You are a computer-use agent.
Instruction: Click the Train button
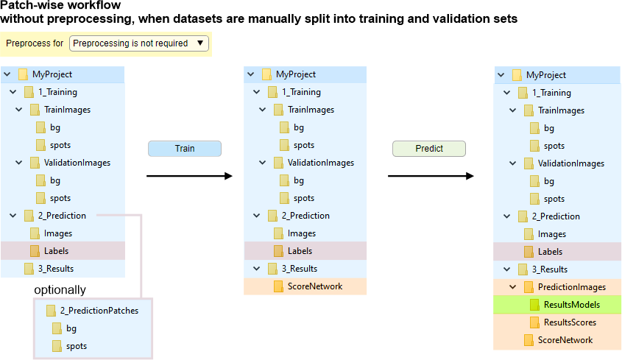[185, 148]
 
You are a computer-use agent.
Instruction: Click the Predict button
[429, 148]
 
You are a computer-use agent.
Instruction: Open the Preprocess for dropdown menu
[140, 43]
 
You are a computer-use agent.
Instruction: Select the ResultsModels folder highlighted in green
[571, 305]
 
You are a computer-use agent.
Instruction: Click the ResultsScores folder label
[570, 322]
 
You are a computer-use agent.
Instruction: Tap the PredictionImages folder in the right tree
[571, 287]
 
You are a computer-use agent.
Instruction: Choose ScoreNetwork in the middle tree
[314, 286]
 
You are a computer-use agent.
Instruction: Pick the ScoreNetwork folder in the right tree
[565, 340]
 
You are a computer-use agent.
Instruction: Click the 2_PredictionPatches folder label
[99, 311]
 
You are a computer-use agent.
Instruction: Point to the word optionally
[60, 289]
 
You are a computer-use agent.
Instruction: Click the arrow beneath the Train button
[189, 176]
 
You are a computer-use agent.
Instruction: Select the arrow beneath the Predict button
[431, 176]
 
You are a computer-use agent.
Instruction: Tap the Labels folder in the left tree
[56, 251]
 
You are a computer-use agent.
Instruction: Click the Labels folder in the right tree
[550, 252]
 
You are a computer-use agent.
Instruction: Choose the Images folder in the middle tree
[301, 233]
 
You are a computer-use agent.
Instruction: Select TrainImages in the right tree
[561, 110]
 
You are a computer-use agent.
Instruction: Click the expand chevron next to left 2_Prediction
[13, 216]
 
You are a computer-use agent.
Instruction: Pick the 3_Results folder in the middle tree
[299, 269]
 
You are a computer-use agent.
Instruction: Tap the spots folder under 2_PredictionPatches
[76, 346]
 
